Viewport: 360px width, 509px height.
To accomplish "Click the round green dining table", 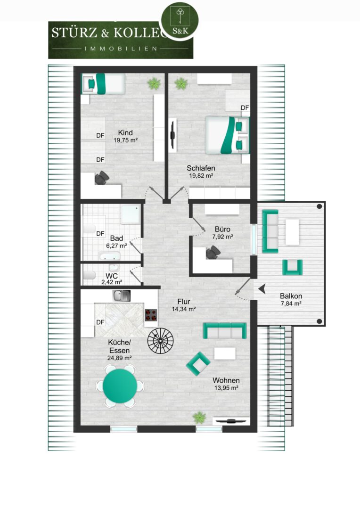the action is (x=120, y=386).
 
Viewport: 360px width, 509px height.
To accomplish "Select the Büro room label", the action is (x=222, y=229).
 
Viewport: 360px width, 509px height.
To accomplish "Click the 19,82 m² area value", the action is (x=201, y=176).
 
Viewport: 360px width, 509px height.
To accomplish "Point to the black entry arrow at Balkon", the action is (x=262, y=288).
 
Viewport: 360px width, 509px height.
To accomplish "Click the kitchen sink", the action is (x=122, y=296).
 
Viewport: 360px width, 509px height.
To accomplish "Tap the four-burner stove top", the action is (x=151, y=315).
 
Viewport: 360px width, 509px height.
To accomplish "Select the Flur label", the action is (x=183, y=302).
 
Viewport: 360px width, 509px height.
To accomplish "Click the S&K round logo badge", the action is (x=180, y=20).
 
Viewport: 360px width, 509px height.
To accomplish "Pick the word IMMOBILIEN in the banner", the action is (x=121, y=49).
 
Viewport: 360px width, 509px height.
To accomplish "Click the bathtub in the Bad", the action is (x=110, y=256).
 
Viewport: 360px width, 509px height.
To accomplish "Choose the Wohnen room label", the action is (x=226, y=380).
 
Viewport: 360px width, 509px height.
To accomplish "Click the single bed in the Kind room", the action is (x=103, y=84).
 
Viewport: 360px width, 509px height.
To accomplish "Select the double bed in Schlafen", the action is (x=227, y=135).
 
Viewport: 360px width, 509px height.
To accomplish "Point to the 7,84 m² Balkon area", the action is (x=291, y=304).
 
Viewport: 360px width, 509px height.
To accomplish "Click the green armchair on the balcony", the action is (x=292, y=267).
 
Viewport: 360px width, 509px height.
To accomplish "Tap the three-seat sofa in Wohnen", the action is (x=225, y=331).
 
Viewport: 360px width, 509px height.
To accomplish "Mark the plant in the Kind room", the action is (x=154, y=84).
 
